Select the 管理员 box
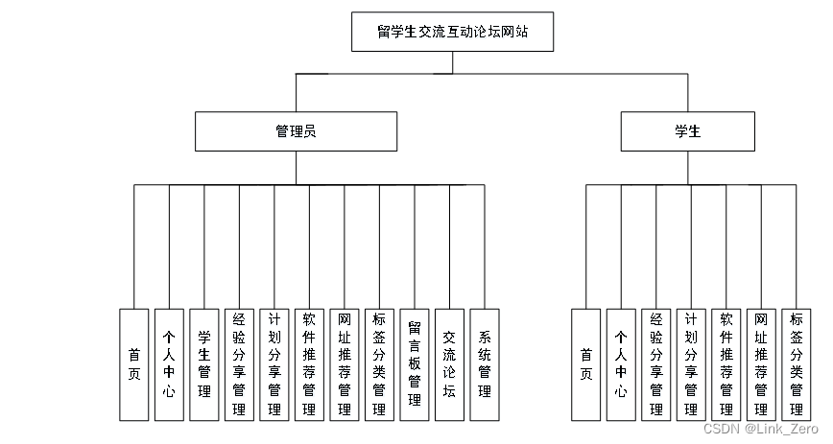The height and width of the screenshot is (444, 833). [296, 131]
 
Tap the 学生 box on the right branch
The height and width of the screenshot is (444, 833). [687, 131]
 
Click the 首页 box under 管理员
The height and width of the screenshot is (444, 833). [134, 364]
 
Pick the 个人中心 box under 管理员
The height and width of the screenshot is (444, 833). [169, 364]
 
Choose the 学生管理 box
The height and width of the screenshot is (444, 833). [204, 364]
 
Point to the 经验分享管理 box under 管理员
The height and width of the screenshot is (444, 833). [239, 364]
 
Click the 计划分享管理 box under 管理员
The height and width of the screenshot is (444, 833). [274, 364]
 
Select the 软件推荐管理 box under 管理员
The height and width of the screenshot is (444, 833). [309, 364]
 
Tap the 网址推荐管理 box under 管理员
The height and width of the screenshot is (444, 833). [345, 364]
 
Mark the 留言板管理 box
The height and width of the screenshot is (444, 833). [415, 364]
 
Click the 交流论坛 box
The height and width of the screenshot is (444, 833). [449, 364]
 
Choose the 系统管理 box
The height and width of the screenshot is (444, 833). [485, 364]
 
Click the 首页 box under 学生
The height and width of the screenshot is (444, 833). [586, 364]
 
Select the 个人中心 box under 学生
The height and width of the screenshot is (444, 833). [621, 364]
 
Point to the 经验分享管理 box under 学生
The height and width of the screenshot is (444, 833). [656, 364]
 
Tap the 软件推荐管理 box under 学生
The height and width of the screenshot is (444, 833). [726, 364]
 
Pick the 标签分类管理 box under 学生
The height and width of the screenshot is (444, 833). [796, 364]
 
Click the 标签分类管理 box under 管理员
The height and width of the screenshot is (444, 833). [379, 364]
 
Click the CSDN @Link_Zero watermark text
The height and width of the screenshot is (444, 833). [760, 430]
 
